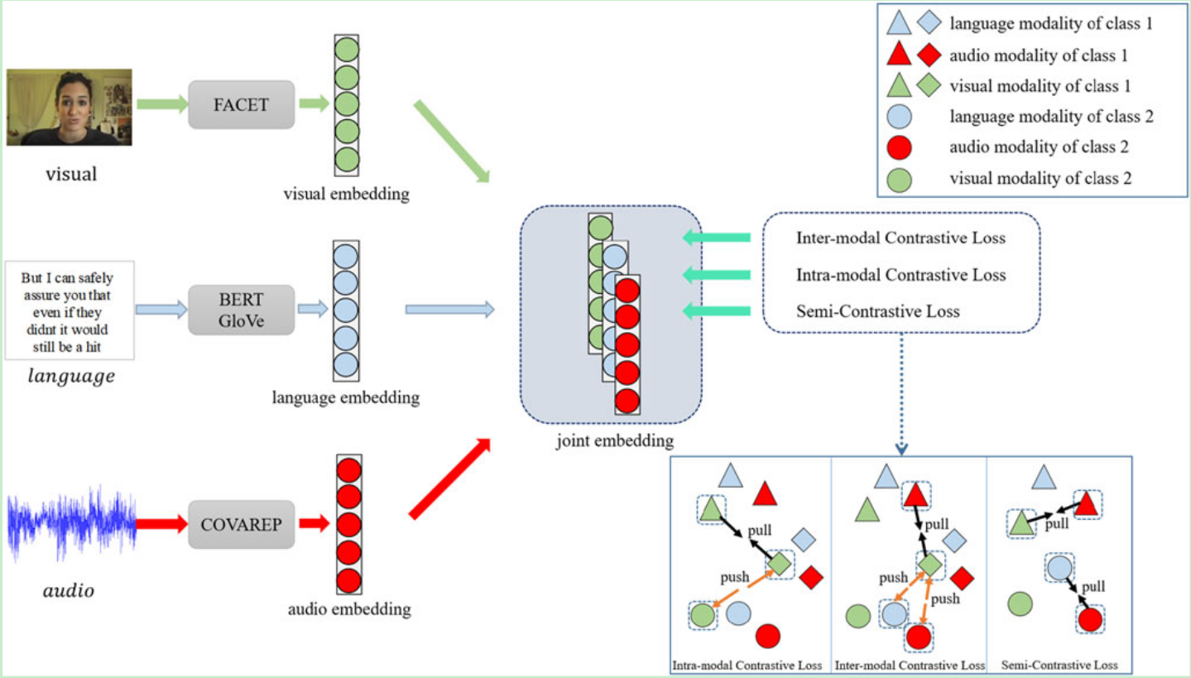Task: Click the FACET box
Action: (x=241, y=104)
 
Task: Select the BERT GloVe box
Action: (x=241, y=310)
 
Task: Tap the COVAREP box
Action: (x=241, y=524)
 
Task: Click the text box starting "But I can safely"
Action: (x=70, y=310)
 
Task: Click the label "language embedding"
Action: (x=345, y=398)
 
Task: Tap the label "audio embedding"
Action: (x=349, y=610)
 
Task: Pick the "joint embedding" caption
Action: (x=614, y=440)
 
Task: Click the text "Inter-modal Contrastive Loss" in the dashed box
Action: (x=900, y=238)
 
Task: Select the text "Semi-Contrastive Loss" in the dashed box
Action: (x=877, y=311)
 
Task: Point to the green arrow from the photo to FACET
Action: (x=161, y=104)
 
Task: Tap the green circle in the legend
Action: (x=900, y=178)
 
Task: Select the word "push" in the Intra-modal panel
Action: (x=733, y=576)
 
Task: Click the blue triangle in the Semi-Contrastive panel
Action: (x=1044, y=477)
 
